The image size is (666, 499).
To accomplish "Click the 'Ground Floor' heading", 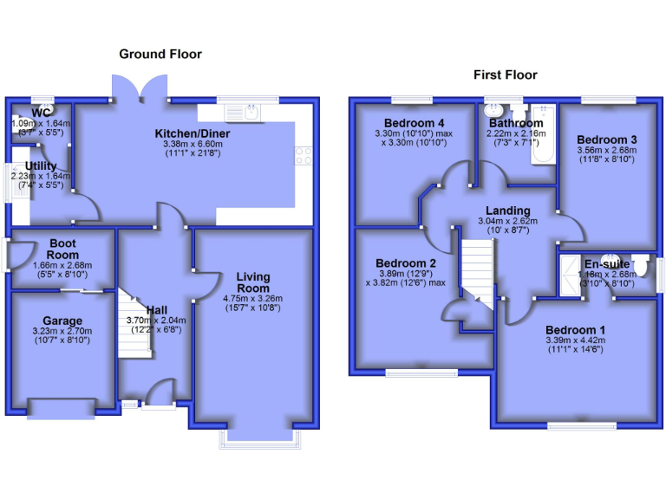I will click(x=160, y=54).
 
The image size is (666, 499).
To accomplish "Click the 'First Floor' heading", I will click(x=505, y=75).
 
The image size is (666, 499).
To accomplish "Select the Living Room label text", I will click(x=253, y=282).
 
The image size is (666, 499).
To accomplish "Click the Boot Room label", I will click(x=63, y=249).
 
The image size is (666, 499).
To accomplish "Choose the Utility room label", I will click(x=41, y=166).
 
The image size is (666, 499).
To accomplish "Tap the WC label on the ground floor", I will click(x=41, y=113).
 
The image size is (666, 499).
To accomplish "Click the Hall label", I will click(x=157, y=310).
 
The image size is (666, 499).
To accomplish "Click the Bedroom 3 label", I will click(x=607, y=139).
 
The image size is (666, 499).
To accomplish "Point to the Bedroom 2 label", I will click(x=405, y=263).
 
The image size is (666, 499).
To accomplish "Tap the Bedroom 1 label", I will click(x=576, y=330).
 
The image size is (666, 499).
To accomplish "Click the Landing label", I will click(x=507, y=211).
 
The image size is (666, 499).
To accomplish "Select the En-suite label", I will click(x=606, y=264).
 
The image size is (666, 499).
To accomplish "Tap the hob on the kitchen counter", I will click(x=304, y=156).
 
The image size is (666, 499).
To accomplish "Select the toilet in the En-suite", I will click(x=641, y=264).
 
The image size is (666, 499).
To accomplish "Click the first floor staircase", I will click(x=476, y=269).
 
